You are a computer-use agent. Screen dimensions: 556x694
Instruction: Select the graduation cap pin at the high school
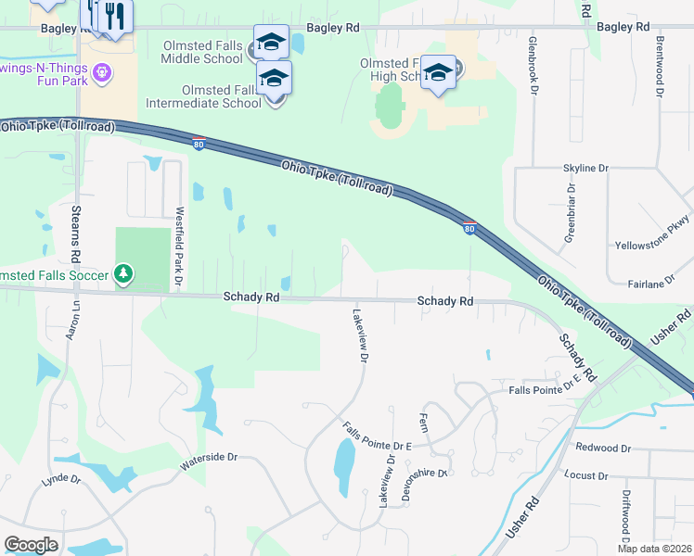(x=438, y=73)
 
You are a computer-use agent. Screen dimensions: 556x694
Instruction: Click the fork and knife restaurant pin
(x=115, y=16)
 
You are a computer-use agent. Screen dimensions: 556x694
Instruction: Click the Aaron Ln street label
(x=71, y=322)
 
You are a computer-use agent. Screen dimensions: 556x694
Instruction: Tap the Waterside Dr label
(x=209, y=458)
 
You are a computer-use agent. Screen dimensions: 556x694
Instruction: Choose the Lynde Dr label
(x=61, y=481)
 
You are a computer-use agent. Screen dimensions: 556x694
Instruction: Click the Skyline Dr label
(x=585, y=169)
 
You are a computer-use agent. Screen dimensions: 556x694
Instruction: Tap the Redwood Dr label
(x=603, y=449)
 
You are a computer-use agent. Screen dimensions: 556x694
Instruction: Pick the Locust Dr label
(x=585, y=475)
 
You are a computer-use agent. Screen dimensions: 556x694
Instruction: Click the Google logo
(x=31, y=545)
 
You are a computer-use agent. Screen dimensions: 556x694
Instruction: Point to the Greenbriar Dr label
(x=571, y=213)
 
